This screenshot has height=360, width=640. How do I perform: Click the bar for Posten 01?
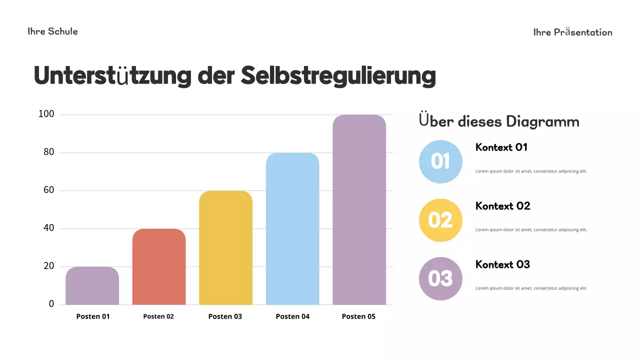point(92,286)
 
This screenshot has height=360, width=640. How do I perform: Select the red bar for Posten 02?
point(159,267)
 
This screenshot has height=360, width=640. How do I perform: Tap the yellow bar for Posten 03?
point(225,248)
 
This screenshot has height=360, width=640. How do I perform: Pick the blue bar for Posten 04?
point(292,229)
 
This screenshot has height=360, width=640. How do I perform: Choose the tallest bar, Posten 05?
point(359,210)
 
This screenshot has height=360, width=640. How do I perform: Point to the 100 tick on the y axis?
point(46,114)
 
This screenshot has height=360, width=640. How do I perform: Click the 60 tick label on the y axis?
point(48,190)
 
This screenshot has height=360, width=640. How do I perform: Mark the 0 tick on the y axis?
point(51,304)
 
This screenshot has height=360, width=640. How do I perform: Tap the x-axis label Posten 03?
point(225,316)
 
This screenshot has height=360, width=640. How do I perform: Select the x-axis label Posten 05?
point(358,316)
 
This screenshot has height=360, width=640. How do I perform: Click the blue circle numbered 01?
point(440,161)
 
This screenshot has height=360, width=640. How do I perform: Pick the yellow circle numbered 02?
point(440,220)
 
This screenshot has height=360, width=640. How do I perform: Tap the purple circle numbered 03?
point(440,278)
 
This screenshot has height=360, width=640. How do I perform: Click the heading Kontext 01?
point(501,147)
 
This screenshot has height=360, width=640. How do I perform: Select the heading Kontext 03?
point(502,264)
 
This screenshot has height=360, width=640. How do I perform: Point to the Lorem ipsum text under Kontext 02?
point(531,230)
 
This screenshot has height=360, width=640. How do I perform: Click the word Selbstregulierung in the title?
point(338,75)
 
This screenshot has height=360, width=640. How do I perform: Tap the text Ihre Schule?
point(52,31)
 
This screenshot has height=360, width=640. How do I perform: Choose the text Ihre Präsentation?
point(572,32)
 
